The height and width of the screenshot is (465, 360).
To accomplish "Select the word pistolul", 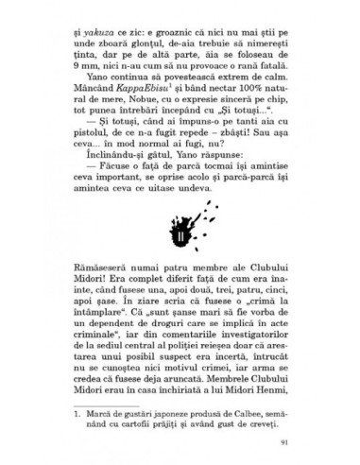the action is pos(93,151).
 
